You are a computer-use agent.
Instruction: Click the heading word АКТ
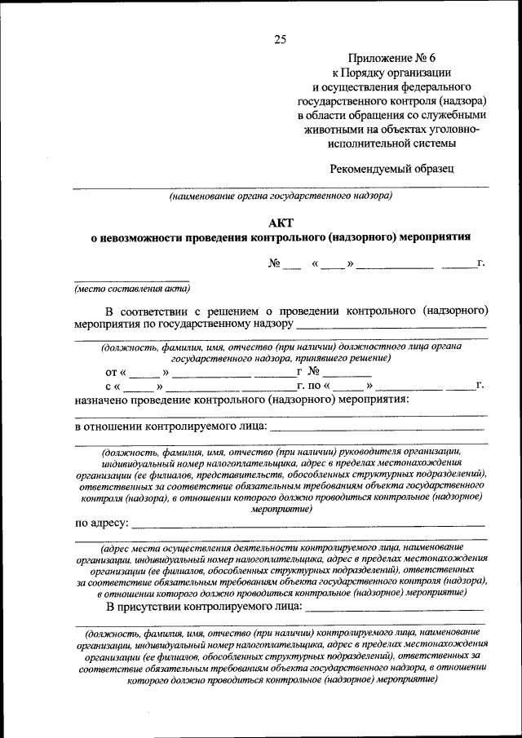coord(281,222)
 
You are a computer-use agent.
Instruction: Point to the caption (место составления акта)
coord(132,288)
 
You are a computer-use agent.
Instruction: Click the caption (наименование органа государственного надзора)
coord(281,196)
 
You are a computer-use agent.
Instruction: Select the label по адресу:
coord(102,523)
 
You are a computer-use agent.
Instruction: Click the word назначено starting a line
coord(105,400)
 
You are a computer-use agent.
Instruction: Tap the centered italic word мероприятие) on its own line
coord(281,507)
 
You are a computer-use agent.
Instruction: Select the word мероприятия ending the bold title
coord(436,237)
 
